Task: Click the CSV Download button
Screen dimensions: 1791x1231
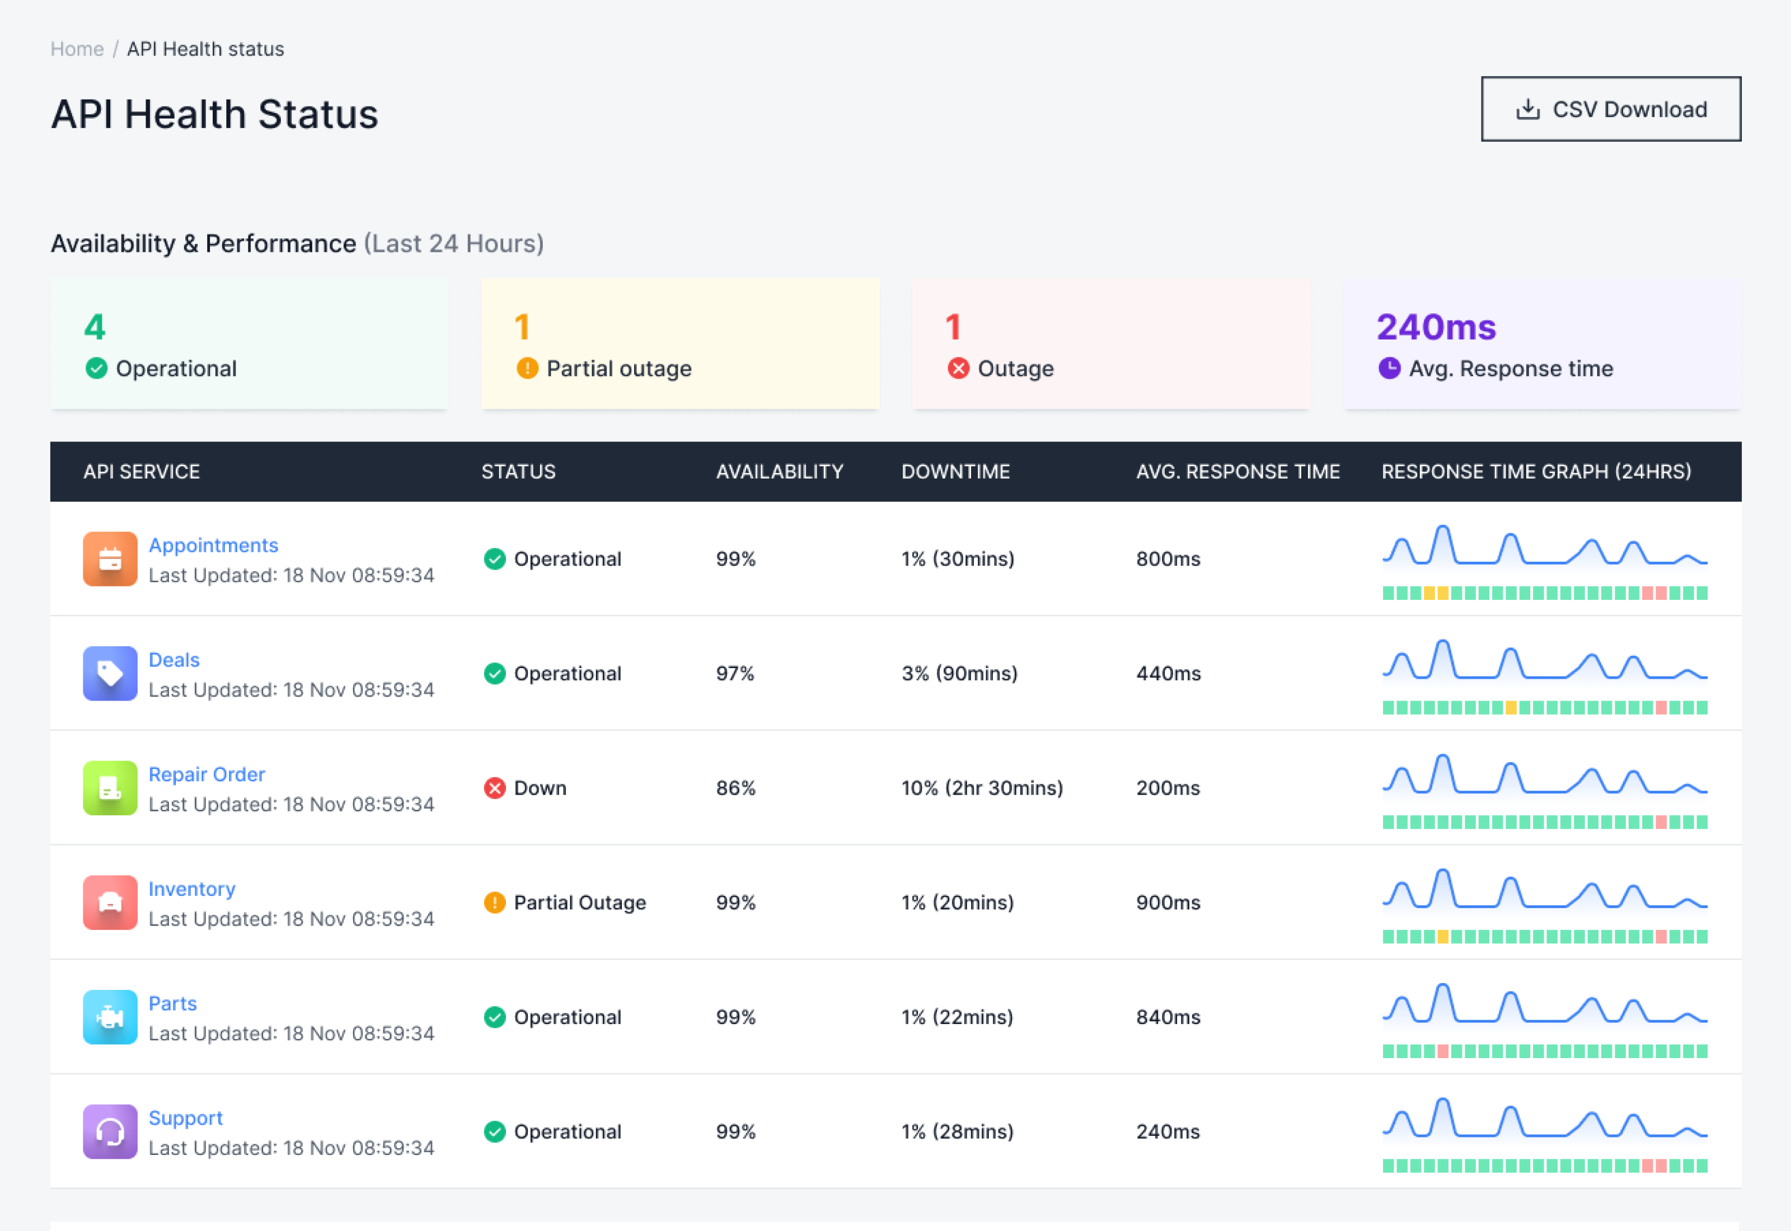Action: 1611,109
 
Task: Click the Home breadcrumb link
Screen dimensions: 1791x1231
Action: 77,49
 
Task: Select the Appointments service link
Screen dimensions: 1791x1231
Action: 213,546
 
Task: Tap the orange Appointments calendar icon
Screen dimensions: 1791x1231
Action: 110,559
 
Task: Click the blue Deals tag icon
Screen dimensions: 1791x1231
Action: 110,673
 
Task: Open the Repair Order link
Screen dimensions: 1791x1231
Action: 207,774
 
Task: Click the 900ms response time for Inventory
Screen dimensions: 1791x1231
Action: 1168,903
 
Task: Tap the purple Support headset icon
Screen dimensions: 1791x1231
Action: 110,1131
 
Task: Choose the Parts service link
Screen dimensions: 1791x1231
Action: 173,1003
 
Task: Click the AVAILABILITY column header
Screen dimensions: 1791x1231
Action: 780,471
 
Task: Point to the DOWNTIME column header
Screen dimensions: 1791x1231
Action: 955,471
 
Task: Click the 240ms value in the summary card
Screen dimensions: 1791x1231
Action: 1436,327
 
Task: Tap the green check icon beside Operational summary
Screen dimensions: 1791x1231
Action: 96,369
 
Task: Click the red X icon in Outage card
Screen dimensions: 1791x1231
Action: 958,369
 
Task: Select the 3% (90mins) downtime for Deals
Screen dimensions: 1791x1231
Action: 959,673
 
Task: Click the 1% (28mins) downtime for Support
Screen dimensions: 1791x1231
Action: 957,1131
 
